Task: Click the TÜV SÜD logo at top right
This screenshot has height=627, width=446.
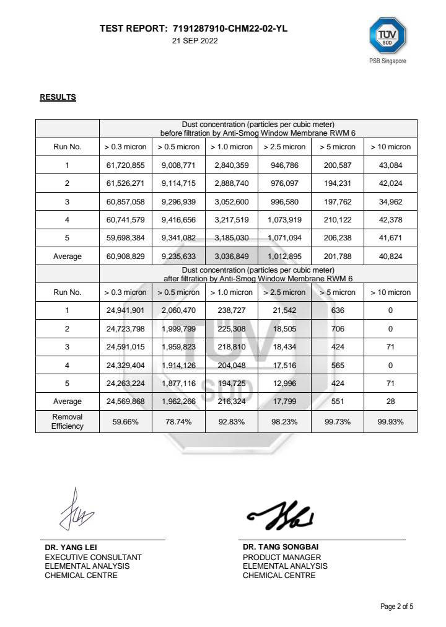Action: [388, 37]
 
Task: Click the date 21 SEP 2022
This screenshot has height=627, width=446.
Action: [195, 41]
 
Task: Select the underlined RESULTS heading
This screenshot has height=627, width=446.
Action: [58, 97]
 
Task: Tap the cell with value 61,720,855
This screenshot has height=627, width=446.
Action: [126, 165]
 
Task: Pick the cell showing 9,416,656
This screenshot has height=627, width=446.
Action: [178, 220]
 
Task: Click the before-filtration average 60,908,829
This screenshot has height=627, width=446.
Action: [126, 256]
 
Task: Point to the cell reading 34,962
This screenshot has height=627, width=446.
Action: [390, 202]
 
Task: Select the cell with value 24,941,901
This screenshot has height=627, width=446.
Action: [126, 310]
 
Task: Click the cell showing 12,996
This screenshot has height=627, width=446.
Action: [284, 384]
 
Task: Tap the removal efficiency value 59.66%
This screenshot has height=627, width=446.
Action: [126, 421]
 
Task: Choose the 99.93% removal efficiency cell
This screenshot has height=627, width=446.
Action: [390, 421]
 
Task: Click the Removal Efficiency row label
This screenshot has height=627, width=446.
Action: [68, 421]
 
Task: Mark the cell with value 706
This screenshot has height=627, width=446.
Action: [338, 329]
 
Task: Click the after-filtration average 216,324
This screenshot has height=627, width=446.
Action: [231, 401]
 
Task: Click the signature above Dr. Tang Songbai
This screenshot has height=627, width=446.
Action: [280, 514]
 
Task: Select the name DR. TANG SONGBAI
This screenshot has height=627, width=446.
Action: [276, 547]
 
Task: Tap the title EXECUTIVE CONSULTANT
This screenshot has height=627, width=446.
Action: [93, 557]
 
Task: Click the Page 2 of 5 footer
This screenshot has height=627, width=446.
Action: [396, 606]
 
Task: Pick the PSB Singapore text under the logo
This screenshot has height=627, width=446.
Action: [388, 61]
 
